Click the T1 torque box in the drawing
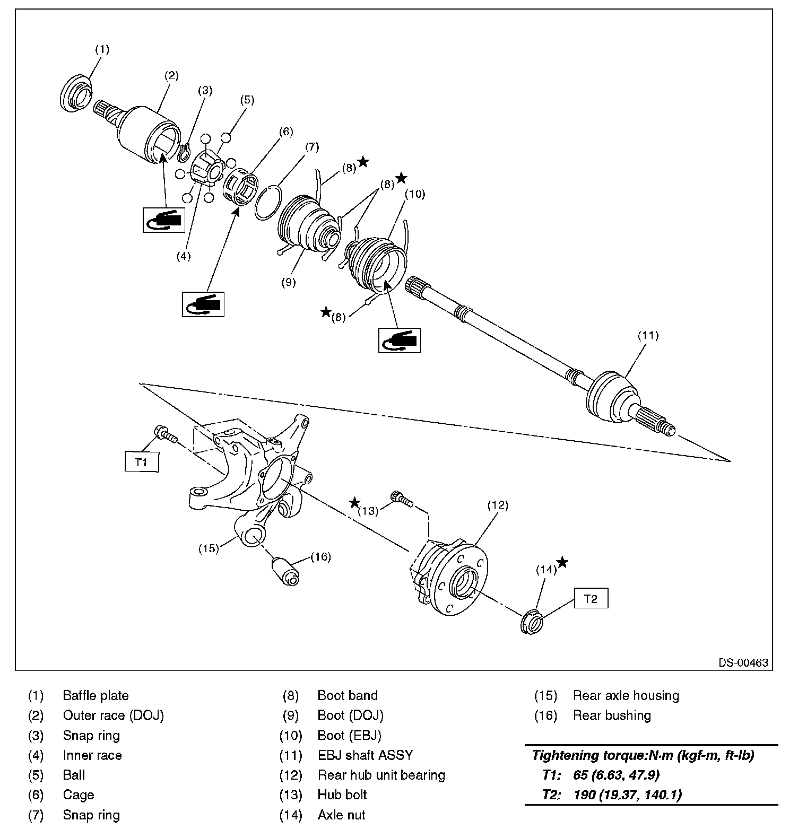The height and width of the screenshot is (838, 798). coord(141,461)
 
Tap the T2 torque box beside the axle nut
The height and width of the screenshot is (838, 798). coord(591,599)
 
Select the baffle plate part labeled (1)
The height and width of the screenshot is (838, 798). coord(76,94)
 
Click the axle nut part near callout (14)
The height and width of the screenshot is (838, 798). coord(532,622)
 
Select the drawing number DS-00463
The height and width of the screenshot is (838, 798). coord(743,663)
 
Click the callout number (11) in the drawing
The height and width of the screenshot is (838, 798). coord(648,335)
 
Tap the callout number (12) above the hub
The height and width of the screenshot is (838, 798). coord(498,505)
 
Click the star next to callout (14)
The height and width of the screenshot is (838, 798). coord(562,562)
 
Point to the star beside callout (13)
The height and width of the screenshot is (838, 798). coord(354,502)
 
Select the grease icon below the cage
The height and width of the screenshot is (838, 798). coord(203,304)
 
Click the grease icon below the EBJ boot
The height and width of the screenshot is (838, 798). coord(399,339)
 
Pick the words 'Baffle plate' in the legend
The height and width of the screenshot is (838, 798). coord(96,695)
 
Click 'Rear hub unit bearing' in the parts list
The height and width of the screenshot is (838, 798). coord(381,775)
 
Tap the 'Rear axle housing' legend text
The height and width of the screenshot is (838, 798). coord(626,695)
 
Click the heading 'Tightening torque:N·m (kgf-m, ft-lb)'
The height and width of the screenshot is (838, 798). coord(643,755)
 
